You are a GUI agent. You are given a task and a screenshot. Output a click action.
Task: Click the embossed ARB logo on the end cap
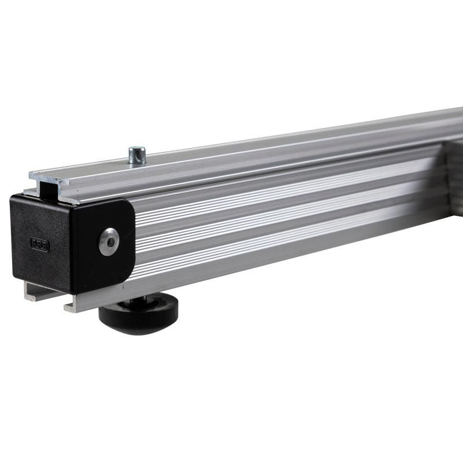39,244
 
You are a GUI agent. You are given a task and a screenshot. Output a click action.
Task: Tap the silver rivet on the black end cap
108,241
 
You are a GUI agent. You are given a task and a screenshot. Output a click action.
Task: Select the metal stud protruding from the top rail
137,156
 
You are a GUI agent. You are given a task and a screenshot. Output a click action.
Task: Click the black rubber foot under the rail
138,313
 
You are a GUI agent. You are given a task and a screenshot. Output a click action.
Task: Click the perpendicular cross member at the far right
454,174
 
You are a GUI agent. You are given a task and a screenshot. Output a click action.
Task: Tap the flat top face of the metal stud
137,150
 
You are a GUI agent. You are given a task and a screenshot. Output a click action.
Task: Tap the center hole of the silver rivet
108,241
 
